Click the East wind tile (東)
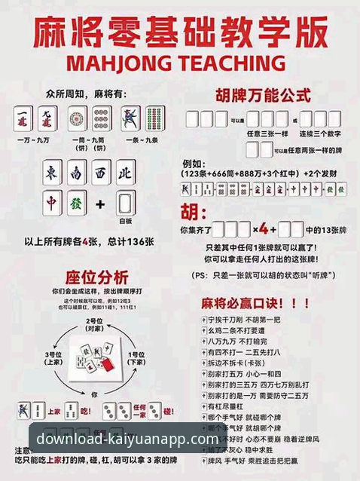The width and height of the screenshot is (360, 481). pyautogui.click(x=53, y=173)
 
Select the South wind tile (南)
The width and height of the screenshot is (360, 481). pyautogui.click(x=76, y=173)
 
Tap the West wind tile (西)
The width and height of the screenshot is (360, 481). pyautogui.click(x=100, y=173)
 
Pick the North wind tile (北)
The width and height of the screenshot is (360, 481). pyautogui.click(x=125, y=173)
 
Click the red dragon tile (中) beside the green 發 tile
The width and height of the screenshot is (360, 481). pyautogui.click(x=52, y=204)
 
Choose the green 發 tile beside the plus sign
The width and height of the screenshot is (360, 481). pyautogui.click(x=75, y=204)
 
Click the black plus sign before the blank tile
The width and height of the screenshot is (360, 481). pyautogui.click(x=101, y=204)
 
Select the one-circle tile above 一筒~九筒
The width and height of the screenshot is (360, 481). pyautogui.click(x=76, y=118)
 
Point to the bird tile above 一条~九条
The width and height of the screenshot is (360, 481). pyautogui.click(x=130, y=118)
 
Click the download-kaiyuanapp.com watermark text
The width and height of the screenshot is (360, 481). pyautogui.click(x=127, y=438)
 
